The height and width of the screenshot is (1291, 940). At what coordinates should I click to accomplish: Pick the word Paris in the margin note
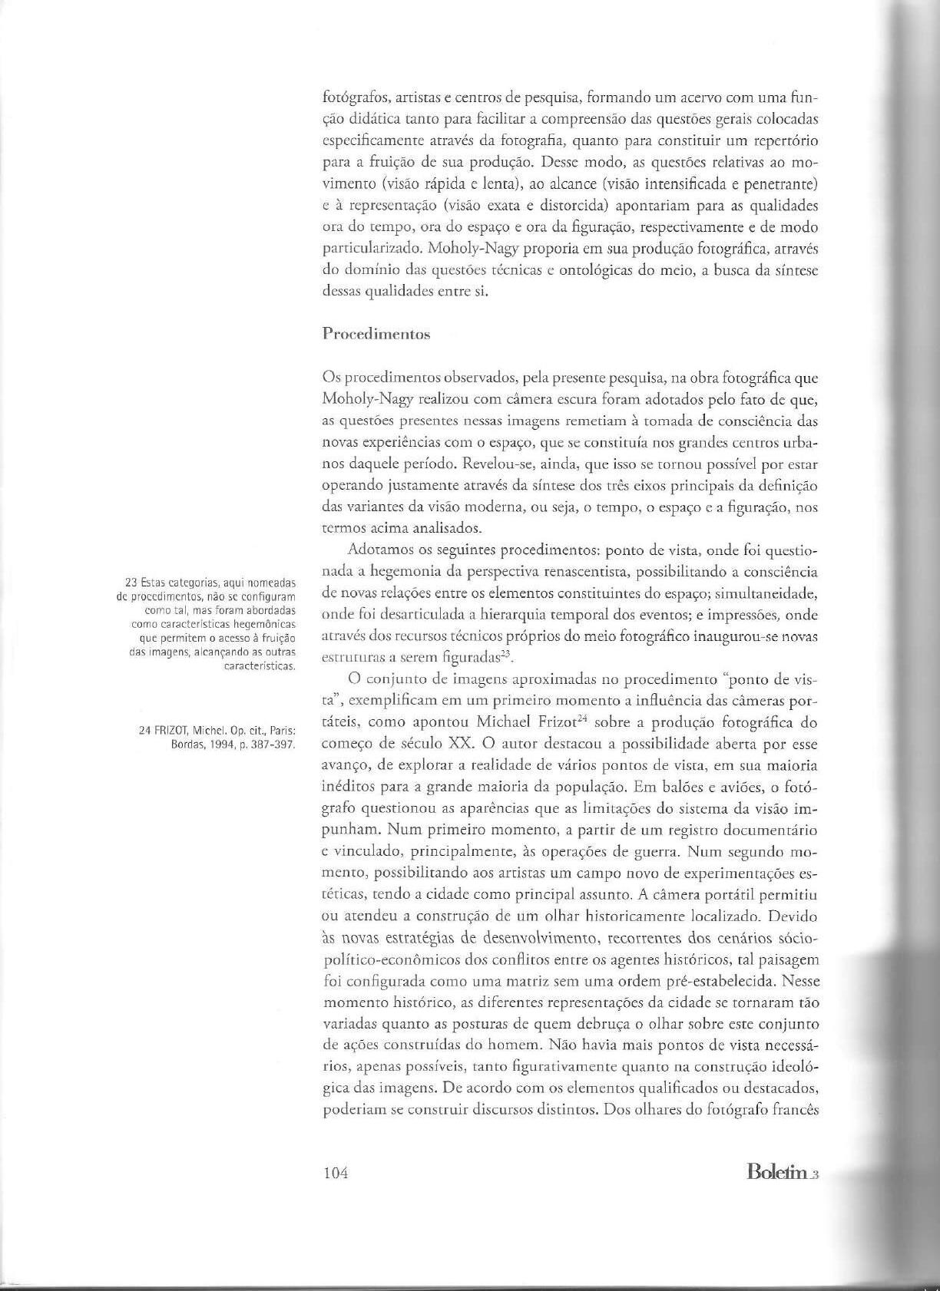click(282, 728)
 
